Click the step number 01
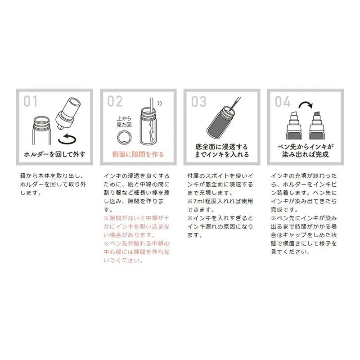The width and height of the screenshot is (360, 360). tap(30, 101)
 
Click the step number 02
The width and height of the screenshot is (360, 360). tap(115, 101)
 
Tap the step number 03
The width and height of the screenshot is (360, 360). tap(199, 101)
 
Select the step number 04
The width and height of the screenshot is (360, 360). tap(283, 101)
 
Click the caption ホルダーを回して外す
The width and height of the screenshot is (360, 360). tap(54, 154)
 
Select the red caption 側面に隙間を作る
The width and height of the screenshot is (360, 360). tap(138, 154)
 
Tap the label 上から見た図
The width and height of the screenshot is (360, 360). tap(124, 121)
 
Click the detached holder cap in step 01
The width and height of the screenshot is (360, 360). tap(68, 113)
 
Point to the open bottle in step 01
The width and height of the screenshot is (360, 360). tap(41, 130)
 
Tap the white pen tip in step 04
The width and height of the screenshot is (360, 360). tap(294, 116)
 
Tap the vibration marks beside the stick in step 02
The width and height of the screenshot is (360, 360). tap(160, 103)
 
